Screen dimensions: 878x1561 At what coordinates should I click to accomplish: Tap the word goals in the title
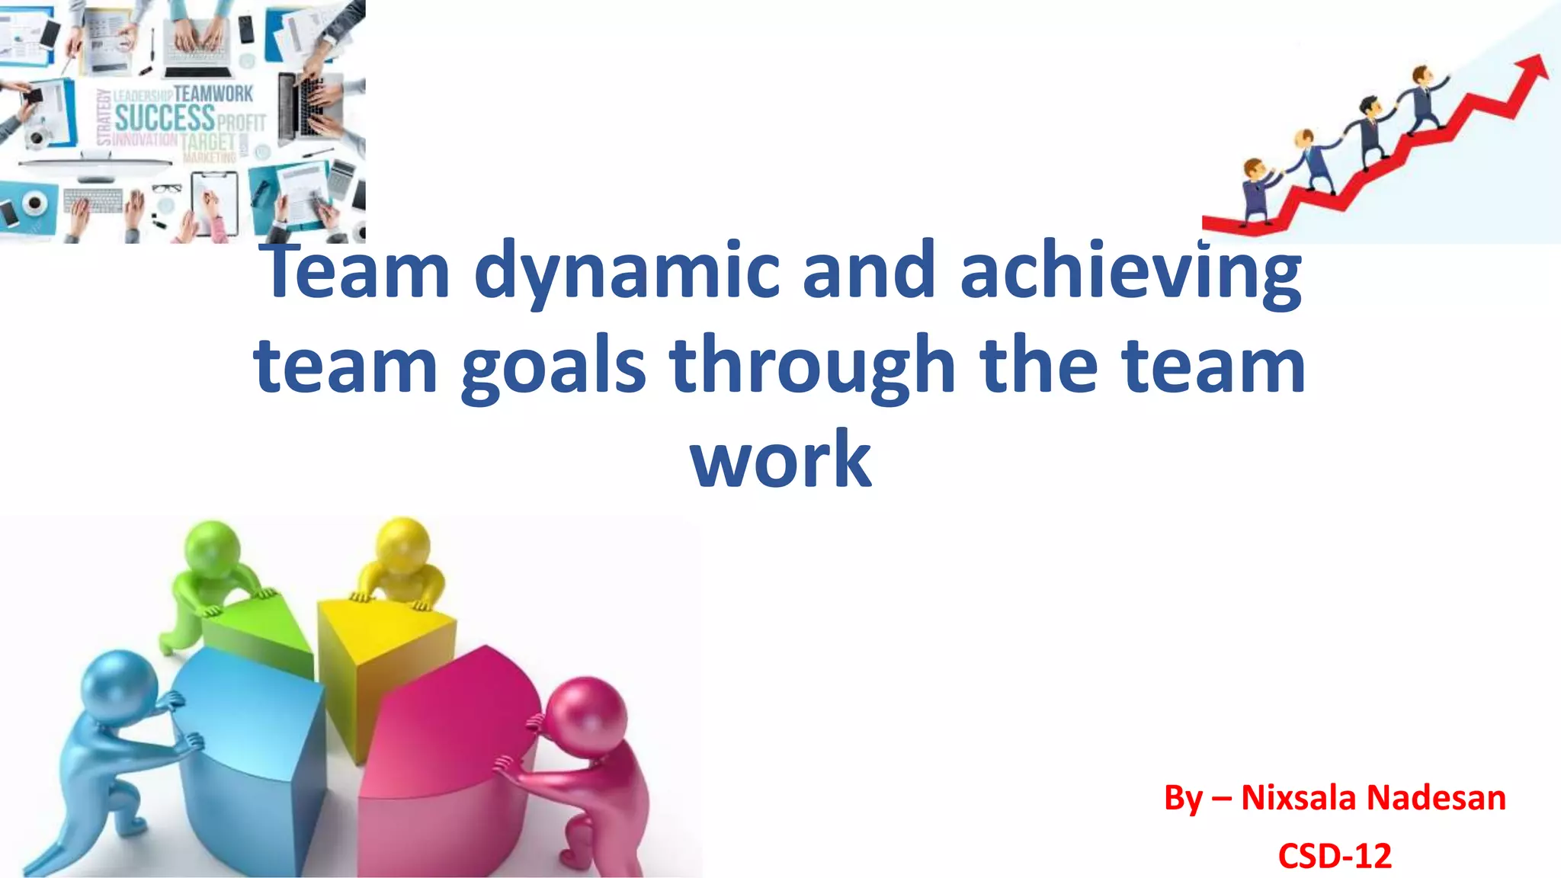[x=553, y=368]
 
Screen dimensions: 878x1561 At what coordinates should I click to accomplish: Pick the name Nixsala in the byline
[x=1302, y=798]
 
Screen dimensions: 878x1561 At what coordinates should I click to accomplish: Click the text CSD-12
[x=1335, y=856]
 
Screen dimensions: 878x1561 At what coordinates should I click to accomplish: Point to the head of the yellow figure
[x=403, y=543]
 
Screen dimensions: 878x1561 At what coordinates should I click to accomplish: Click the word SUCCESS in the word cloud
[x=165, y=117]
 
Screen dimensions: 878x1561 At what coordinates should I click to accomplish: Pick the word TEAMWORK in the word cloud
[x=213, y=94]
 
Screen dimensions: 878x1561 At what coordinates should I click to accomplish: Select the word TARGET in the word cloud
[x=208, y=142]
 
